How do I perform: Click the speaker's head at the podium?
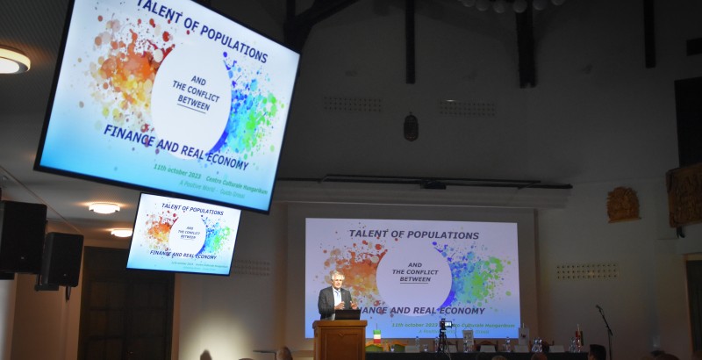tap(337, 279)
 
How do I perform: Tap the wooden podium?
tap(340, 340)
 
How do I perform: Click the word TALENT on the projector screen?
tap(369, 234)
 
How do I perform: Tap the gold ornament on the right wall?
tap(623, 205)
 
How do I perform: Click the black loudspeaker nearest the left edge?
tap(21, 237)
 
